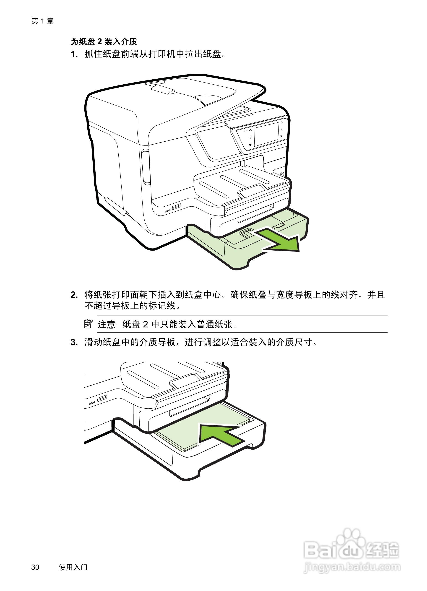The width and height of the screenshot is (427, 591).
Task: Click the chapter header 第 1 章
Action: [x=42, y=21]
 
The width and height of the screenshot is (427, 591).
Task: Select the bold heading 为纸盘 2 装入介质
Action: [x=104, y=41]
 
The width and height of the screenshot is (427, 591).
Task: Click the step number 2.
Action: [x=74, y=295]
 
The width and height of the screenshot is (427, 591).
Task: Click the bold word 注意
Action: [x=106, y=324]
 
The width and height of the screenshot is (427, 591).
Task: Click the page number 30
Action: [x=35, y=567]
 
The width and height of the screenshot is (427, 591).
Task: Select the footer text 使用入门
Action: [x=73, y=567]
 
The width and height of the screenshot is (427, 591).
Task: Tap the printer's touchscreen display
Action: [x=266, y=135]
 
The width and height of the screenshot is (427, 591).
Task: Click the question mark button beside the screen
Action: [x=282, y=123]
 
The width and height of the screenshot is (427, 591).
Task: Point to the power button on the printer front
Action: [x=282, y=174]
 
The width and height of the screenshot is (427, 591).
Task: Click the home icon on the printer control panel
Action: [x=251, y=130]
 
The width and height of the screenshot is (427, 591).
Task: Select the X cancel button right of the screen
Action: [x=281, y=136]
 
